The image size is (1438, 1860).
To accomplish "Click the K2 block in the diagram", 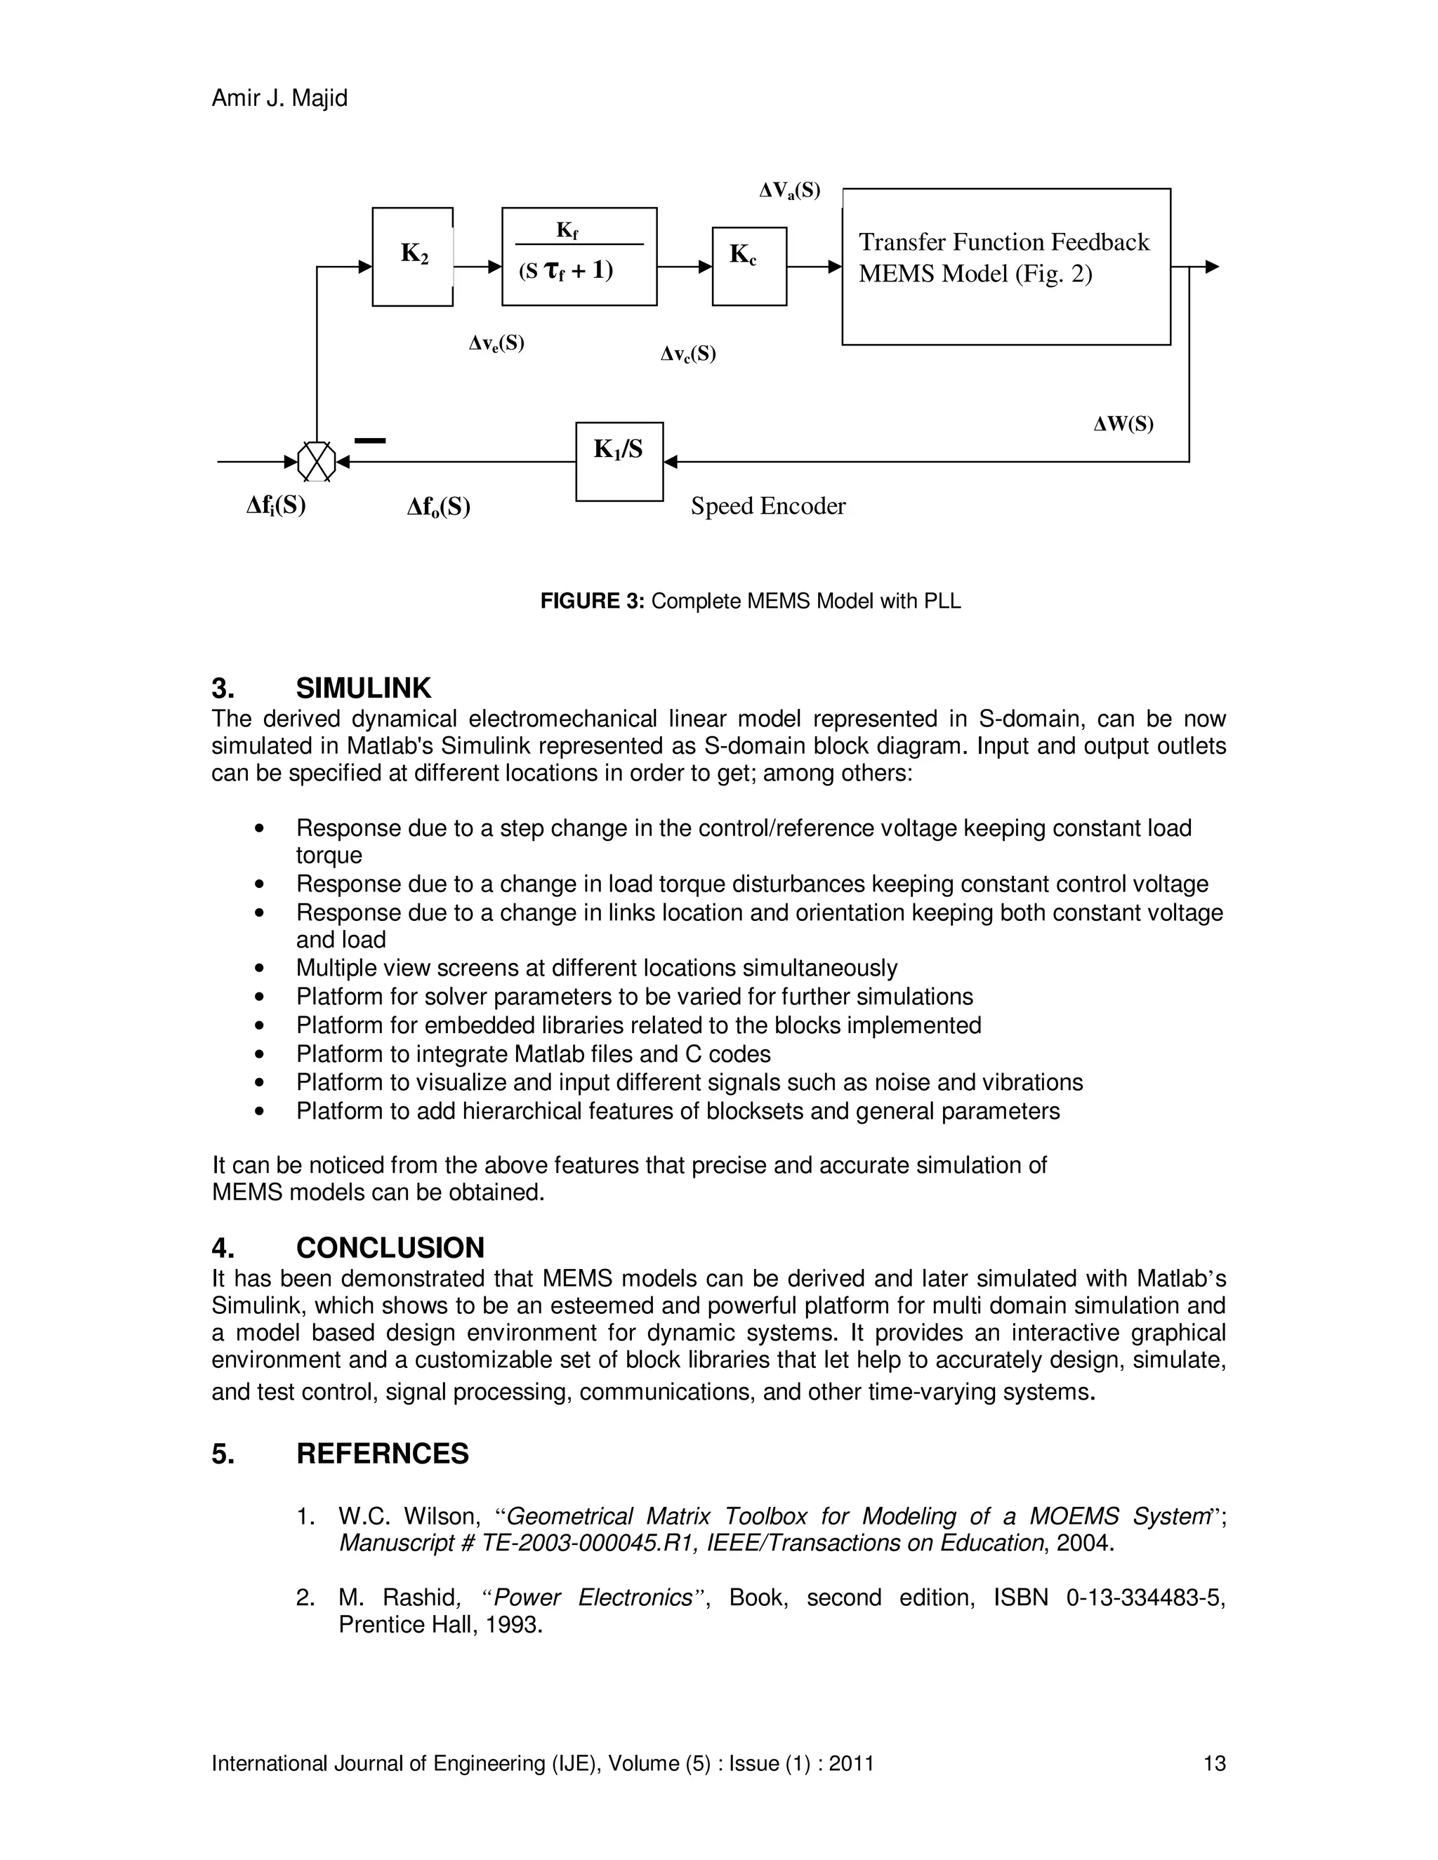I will click(412, 256).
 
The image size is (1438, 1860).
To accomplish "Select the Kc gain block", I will click(748, 266).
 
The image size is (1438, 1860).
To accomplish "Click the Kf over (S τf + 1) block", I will click(579, 256).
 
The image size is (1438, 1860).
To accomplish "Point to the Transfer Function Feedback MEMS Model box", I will click(1005, 267).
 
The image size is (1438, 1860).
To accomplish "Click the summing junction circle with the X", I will click(316, 462).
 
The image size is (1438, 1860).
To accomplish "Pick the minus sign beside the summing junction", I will click(370, 440).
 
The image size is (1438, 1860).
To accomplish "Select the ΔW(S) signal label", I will click(1123, 424).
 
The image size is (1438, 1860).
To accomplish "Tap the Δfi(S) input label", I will click(276, 506).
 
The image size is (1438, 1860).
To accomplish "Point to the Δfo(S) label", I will click(439, 507).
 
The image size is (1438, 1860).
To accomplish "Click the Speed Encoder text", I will click(767, 506).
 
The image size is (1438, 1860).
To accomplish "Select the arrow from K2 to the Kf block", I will click(477, 267).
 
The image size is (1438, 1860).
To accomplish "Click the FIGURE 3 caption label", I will click(594, 602).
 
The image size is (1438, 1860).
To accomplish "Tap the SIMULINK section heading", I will click(363, 687).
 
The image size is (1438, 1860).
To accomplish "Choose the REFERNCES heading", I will click(382, 1453).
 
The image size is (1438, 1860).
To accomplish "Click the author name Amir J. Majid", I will click(279, 98).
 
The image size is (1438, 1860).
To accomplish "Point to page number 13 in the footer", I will click(1214, 1763).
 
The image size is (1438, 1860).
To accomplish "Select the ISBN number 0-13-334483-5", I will click(1145, 1597).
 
